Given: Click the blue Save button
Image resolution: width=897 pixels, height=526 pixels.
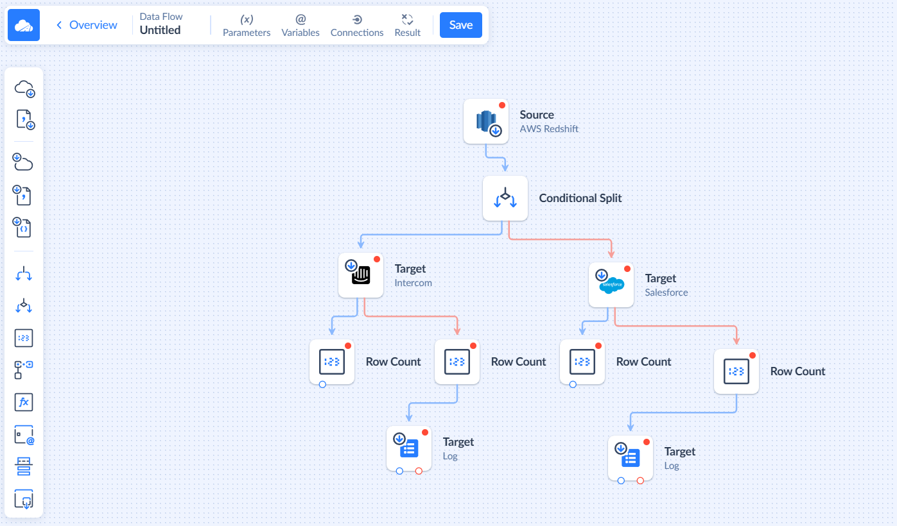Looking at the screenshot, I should click(460, 25).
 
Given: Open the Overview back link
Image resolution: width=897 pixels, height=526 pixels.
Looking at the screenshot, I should click(87, 25).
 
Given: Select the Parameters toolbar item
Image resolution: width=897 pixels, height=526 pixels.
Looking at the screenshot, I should click(247, 26).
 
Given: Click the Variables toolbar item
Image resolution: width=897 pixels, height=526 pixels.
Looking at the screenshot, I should click(300, 26).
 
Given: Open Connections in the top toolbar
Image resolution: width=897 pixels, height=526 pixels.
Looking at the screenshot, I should click(357, 26).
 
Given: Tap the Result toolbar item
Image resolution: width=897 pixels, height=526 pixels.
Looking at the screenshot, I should click(407, 26).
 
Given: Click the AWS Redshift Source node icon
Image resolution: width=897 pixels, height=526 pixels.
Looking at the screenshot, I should click(486, 121).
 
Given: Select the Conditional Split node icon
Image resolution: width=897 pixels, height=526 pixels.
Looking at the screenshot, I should click(505, 198).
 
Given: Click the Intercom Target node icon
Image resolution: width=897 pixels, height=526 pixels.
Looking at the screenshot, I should click(361, 275).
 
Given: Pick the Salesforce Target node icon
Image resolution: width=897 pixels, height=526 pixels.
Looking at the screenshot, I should click(611, 285).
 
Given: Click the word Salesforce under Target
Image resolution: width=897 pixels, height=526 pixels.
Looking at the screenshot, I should click(666, 293).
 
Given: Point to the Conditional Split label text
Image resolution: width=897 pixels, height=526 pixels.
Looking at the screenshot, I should click(580, 198).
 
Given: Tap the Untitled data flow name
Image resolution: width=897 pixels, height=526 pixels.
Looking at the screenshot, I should click(160, 30).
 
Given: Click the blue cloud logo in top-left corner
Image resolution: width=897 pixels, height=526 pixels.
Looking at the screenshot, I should click(23, 25).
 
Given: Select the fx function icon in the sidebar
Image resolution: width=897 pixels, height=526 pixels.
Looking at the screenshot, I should click(24, 402).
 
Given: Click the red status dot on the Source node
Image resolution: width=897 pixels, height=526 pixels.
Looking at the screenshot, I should click(502, 105).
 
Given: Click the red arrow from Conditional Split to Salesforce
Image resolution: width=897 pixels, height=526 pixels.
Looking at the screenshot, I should click(559, 239).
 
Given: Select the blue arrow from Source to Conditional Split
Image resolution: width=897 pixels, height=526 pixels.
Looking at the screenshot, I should click(496, 157).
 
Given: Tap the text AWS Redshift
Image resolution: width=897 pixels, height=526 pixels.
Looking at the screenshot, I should click(549, 129).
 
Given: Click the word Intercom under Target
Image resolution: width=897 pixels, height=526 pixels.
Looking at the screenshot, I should click(413, 283).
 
